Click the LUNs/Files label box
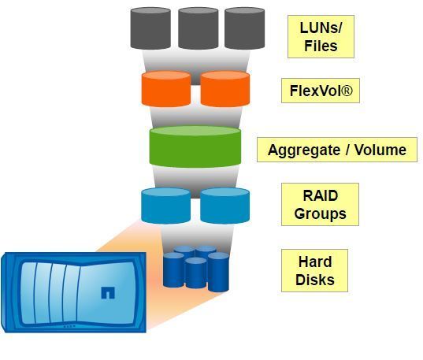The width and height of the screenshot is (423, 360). tap(321, 37)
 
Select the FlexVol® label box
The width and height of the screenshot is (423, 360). tap(321, 91)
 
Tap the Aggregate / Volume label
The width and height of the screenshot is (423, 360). tap(337, 150)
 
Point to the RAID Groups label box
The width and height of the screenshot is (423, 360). tap(321, 205)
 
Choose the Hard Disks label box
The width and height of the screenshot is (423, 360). tap(314, 271)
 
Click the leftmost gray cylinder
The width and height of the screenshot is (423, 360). tap(150, 28)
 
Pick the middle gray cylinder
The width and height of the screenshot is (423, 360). tap(199, 28)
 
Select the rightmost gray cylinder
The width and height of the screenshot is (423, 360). tap(245, 28)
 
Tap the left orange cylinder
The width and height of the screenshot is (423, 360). tap(166, 89)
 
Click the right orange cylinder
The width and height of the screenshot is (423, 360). tap(225, 89)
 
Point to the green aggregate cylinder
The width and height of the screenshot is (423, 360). tap(195, 147)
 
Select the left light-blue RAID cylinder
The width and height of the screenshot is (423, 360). tap(166, 206)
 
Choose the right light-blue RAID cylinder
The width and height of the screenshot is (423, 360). tap(225, 206)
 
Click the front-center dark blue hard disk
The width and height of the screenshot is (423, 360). tap(196, 273)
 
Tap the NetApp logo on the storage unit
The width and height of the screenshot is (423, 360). tap(108, 293)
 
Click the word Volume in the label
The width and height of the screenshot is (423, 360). tap(380, 150)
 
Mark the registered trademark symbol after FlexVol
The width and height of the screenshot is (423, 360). tap(347, 91)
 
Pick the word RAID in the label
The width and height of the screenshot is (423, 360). tap(321, 195)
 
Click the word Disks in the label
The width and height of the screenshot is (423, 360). tap(315, 280)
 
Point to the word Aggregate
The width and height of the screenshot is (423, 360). tap(304, 150)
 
